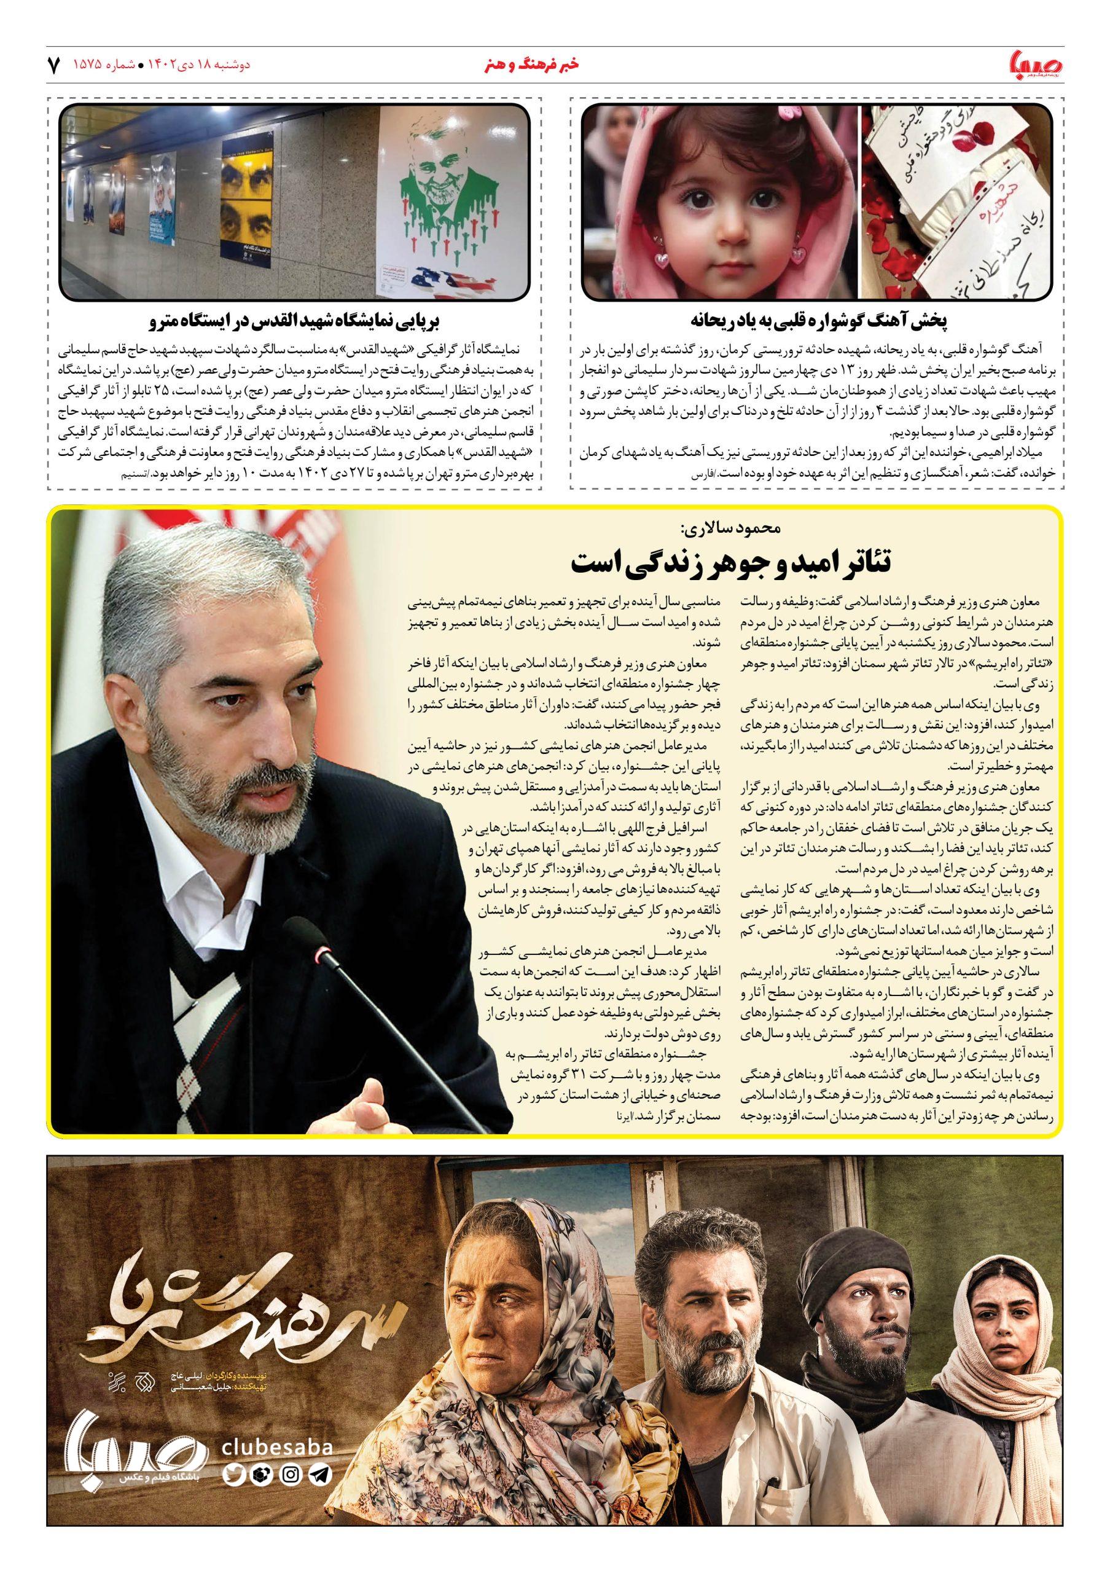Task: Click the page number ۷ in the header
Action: point(53,65)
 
